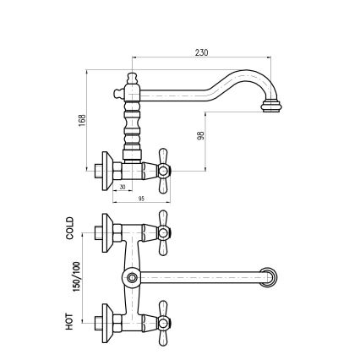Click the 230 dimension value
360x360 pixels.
pos(201,52)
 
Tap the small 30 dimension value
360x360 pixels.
pos(123,188)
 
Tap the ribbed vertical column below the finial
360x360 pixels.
pos(132,123)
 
